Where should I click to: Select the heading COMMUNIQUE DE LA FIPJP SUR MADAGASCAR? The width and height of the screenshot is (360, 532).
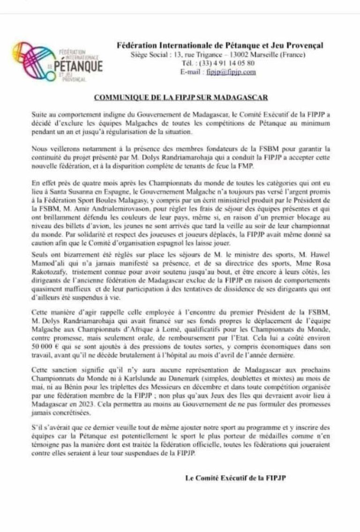(x=180, y=98)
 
